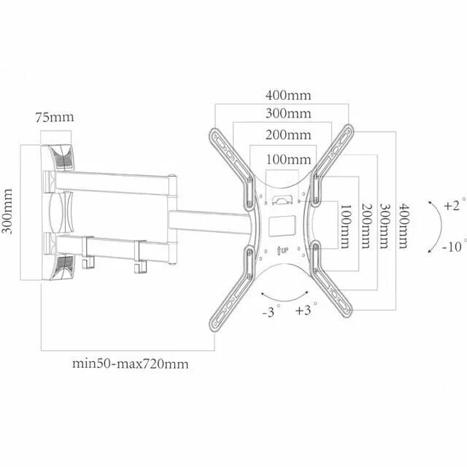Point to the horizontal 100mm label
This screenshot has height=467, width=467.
coord(287,159)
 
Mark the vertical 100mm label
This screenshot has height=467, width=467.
coord(345,225)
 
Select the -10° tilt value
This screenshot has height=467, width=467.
coord(453,247)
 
